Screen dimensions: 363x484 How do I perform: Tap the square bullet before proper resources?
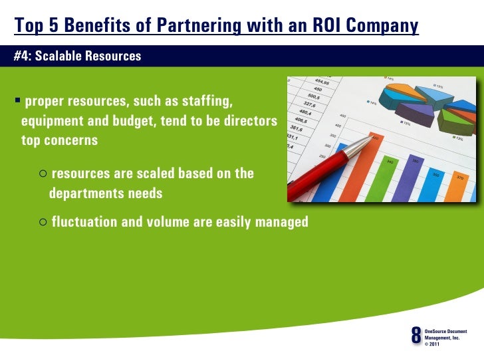click(17, 102)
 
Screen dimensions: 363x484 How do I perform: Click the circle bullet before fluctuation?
click(43, 221)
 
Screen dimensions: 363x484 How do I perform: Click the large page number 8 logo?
click(416, 336)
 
